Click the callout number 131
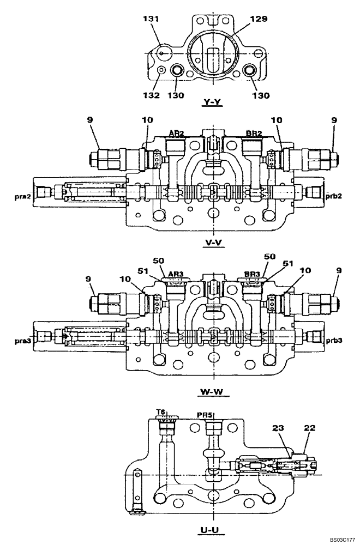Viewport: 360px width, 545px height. [151, 19]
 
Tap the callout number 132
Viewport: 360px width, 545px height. [151, 95]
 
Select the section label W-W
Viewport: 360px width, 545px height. [212, 391]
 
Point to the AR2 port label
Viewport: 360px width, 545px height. [176, 133]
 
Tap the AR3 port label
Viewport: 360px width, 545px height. [176, 275]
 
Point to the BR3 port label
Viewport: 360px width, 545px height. [252, 275]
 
